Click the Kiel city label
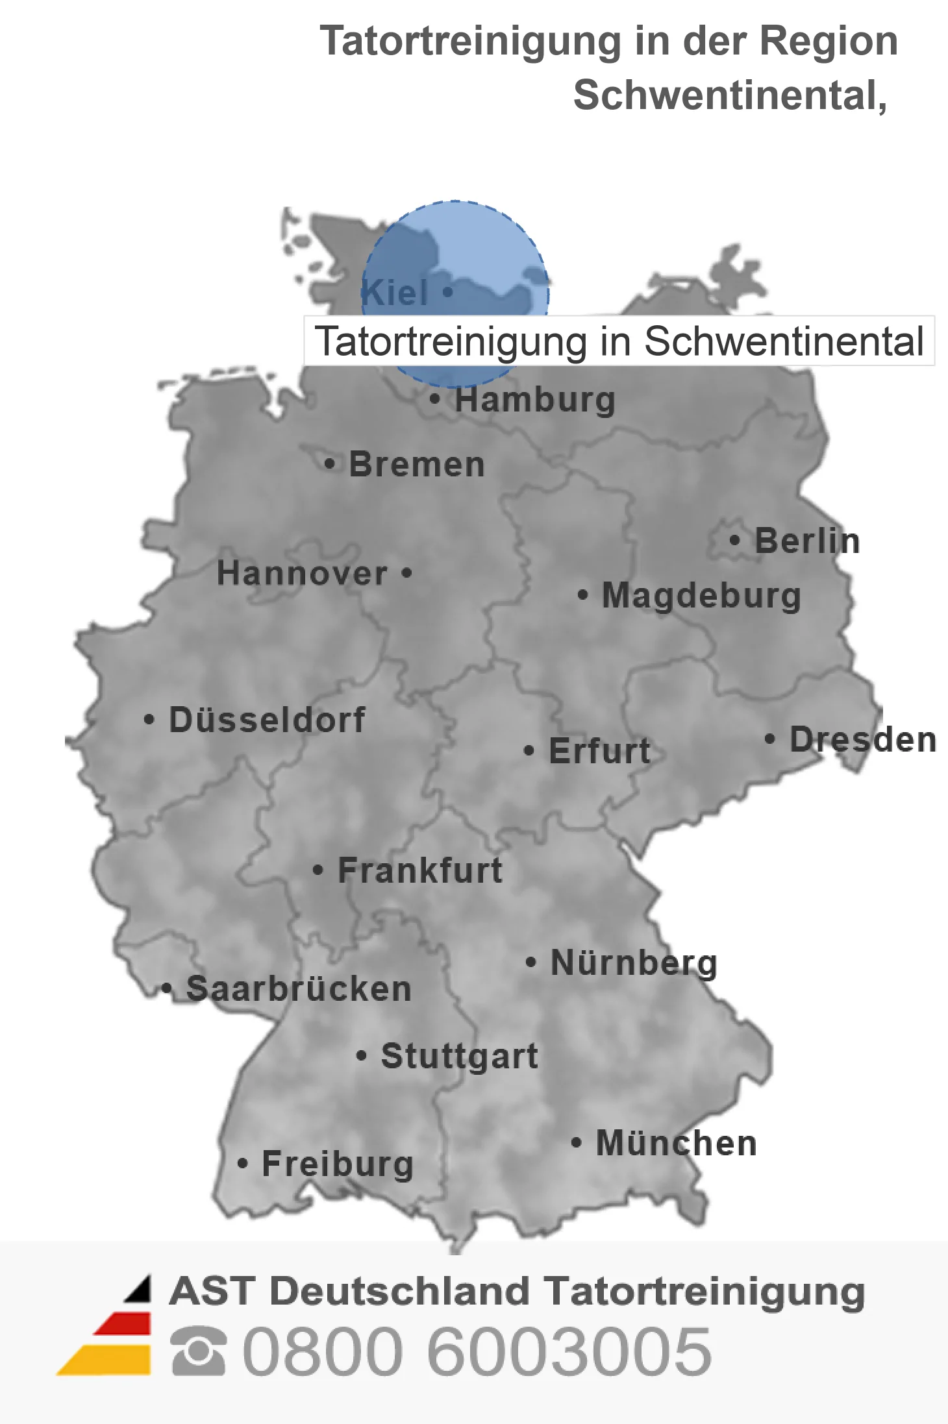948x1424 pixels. (x=395, y=293)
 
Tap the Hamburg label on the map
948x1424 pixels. (x=535, y=400)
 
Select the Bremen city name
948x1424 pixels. (x=417, y=465)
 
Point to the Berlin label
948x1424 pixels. (x=807, y=541)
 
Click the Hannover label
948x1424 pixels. (x=302, y=573)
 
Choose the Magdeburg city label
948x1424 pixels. (x=701, y=595)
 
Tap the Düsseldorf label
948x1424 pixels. (x=267, y=720)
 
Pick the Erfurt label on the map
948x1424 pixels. (x=599, y=751)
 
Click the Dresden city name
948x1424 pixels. (x=863, y=739)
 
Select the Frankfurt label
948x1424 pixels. (x=420, y=870)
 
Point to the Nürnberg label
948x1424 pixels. (x=634, y=963)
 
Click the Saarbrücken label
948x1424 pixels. (x=299, y=989)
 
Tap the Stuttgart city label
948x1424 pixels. (x=459, y=1056)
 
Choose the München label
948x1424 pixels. (x=677, y=1143)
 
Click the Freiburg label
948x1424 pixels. (x=338, y=1164)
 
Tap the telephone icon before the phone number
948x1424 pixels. (x=199, y=1351)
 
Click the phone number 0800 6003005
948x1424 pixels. (x=477, y=1351)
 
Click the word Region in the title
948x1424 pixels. (x=829, y=41)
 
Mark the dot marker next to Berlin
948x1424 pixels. (x=734, y=540)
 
